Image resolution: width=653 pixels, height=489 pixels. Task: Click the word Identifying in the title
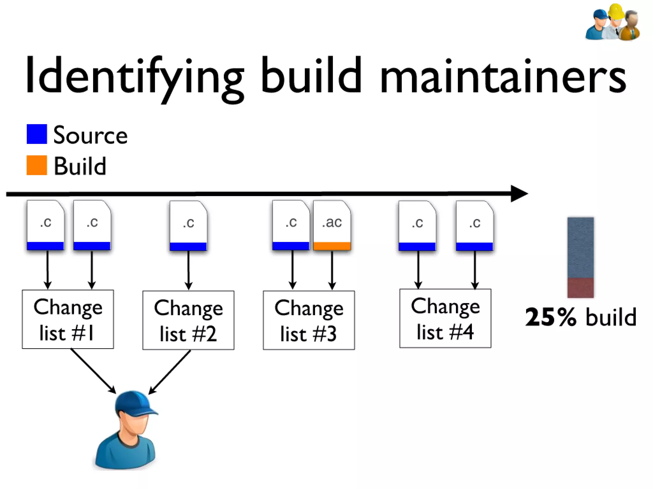pyautogui.click(x=134, y=76)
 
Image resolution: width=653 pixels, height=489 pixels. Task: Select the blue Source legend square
pyautogui.click(x=37, y=134)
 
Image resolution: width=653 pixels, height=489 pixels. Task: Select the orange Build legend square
pyautogui.click(x=37, y=165)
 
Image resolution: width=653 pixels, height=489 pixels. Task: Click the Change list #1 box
pyautogui.click(x=68, y=319)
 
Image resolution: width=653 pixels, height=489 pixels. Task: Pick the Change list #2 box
pyautogui.click(x=188, y=320)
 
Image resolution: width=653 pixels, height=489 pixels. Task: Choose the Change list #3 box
pyautogui.click(x=309, y=320)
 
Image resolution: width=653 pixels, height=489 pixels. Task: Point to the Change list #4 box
pyautogui.click(x=445, y=318)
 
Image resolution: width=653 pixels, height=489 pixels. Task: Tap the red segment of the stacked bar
pyautogui.click(x=580, y=288)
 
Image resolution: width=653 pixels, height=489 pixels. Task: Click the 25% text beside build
pyautogui.click(x=551, y=317)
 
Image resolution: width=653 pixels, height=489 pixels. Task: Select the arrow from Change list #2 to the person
pyautogui.click(x=170, y=372)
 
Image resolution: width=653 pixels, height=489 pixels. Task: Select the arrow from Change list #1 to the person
pyautogui.click(x=93, y=371)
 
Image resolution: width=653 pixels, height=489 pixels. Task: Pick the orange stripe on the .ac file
pyautogui.click(x=332, y=246)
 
